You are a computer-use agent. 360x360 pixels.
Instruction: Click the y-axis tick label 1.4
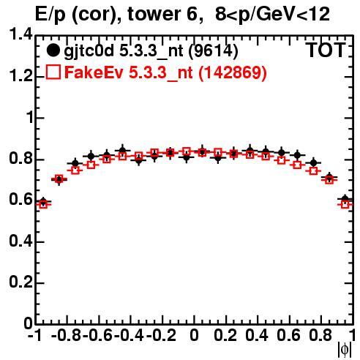[20, 34]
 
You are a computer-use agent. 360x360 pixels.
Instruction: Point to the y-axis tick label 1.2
[20, 76]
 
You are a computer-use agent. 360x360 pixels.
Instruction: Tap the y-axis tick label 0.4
[20, 241]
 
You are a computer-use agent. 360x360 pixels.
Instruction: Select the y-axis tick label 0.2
[20, 282]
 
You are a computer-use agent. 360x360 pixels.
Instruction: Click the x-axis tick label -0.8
[67, 335]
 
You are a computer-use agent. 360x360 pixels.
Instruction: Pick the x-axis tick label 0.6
[288, 335]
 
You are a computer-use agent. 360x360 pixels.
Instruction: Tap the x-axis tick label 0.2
[225, 335]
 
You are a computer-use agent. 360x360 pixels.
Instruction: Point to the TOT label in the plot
[326, 50]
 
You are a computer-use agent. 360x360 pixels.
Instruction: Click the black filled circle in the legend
[53, 50]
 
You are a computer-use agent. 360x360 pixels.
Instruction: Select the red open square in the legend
[53, 72]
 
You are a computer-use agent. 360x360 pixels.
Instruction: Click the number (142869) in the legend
[233, 72]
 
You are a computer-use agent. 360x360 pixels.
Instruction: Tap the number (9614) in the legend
[213, 51]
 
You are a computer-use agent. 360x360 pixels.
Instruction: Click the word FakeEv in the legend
[94, 72]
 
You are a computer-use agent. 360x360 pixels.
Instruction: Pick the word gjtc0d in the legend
[89, 52]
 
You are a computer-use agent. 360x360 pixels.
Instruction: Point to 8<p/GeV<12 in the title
[272, 15]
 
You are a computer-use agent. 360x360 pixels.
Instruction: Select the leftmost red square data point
[43, 204]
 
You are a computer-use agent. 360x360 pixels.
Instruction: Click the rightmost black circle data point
[345, 199]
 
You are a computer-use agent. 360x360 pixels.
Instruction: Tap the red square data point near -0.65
[91, 165]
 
